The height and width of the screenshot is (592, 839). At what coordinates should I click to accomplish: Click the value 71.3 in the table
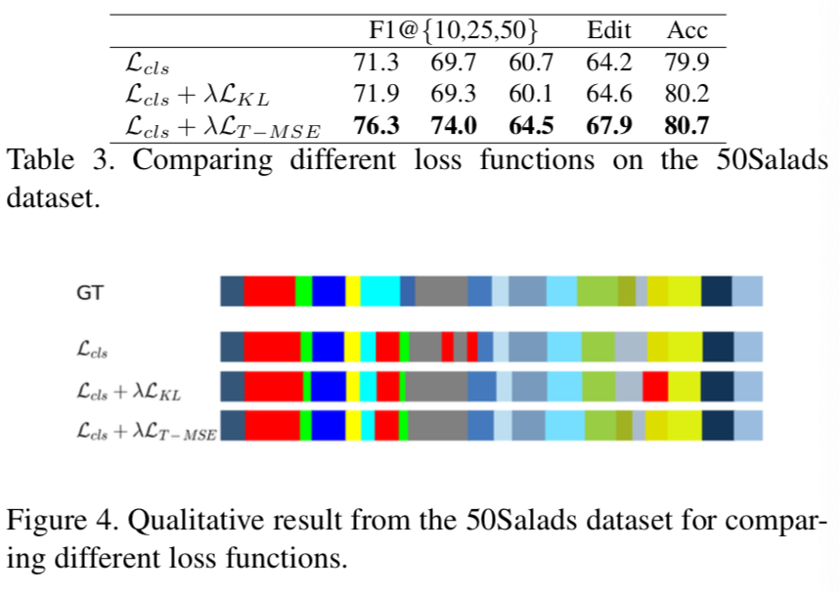375,63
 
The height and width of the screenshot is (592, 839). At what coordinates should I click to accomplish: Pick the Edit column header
608,30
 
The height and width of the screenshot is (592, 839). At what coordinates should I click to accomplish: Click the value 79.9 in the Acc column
686,63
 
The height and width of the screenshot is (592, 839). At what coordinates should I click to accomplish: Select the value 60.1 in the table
531,94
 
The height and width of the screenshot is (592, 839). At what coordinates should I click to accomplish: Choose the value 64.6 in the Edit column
608,94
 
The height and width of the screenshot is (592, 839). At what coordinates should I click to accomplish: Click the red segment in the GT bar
269,291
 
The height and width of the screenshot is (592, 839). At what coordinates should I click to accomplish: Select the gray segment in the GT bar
441,291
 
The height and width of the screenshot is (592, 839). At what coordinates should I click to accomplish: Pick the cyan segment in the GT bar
380,291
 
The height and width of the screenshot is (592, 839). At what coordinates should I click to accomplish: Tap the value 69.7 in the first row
453,63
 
